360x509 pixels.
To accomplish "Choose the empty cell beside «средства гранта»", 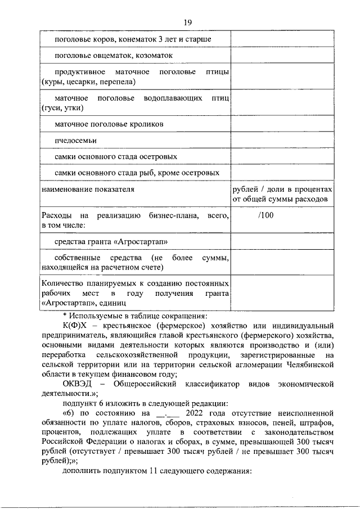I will click(282, 242).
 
